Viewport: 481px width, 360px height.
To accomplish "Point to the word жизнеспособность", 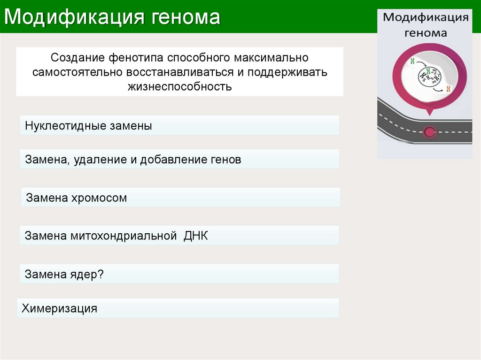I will (x=179, y=86).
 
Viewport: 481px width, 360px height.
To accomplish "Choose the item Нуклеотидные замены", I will (x=88, y=126).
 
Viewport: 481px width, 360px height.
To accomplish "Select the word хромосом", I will (x=99, y=198).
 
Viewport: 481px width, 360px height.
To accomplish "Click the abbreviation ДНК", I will (x=196, y=236).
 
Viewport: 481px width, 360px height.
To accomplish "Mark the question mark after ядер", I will (x=100, y=274).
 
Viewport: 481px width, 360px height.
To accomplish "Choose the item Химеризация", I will (x=59, y=308).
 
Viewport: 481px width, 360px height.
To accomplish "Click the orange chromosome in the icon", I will (x=449, y=89).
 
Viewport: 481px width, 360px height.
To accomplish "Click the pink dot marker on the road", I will (x=429, y=132).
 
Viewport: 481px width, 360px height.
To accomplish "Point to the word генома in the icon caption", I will (x=426, y=33).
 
